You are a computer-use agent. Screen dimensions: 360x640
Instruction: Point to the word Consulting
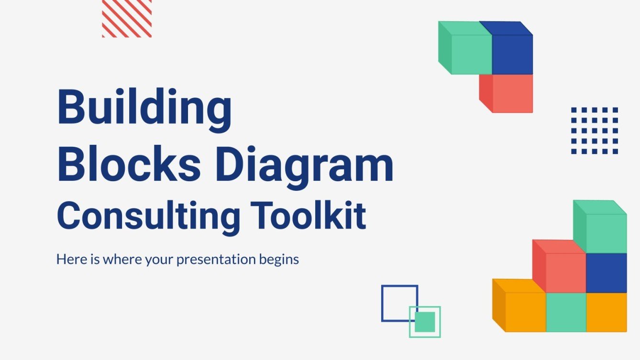click(x=149, y=216)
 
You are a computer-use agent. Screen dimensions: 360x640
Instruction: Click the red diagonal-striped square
click(x=127, y=19)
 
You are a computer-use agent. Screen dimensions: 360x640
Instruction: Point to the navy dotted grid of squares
click(x=595, y=131)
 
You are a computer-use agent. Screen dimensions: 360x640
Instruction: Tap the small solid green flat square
click(x=425, y=322)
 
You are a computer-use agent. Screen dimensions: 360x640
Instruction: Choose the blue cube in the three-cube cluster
click(x=512, y=54)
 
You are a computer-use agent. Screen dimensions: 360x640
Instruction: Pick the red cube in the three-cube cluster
click(x=512, y=93)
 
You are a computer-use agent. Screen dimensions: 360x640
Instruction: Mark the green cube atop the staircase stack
click(x=606, y=233)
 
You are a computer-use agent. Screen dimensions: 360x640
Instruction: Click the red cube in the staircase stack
click(x=565, y=272)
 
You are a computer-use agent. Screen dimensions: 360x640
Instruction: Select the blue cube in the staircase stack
click(x=606, y=273)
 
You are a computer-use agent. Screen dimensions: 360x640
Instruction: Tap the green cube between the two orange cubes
click(x=565, y=312)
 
